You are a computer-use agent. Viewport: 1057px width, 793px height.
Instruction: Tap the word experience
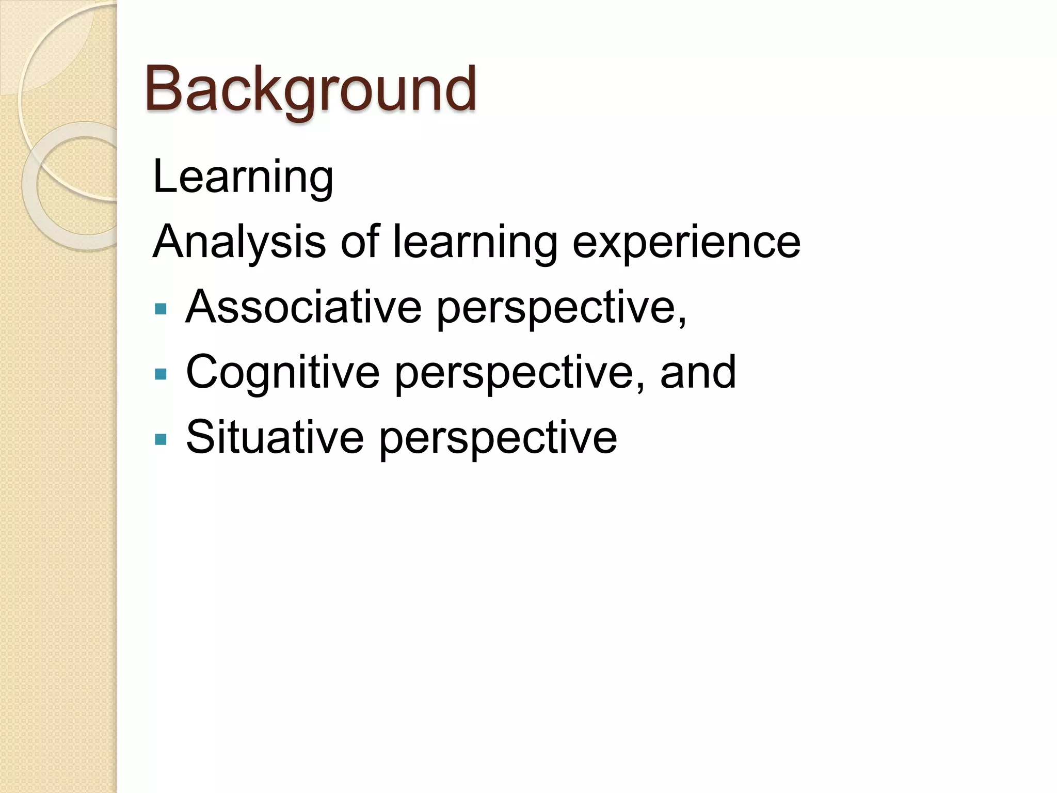[x=686, y=243]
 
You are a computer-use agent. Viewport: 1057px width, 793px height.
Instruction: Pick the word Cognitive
[x=282, y=372]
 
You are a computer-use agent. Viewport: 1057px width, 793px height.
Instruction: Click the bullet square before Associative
[x=161, y=309]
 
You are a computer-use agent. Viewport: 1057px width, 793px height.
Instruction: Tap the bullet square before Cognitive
[x=161, y=374]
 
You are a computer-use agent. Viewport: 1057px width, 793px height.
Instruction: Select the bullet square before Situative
[x=161, y=439]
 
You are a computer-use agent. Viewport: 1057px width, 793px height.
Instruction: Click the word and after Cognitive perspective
[x=698, y=372]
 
